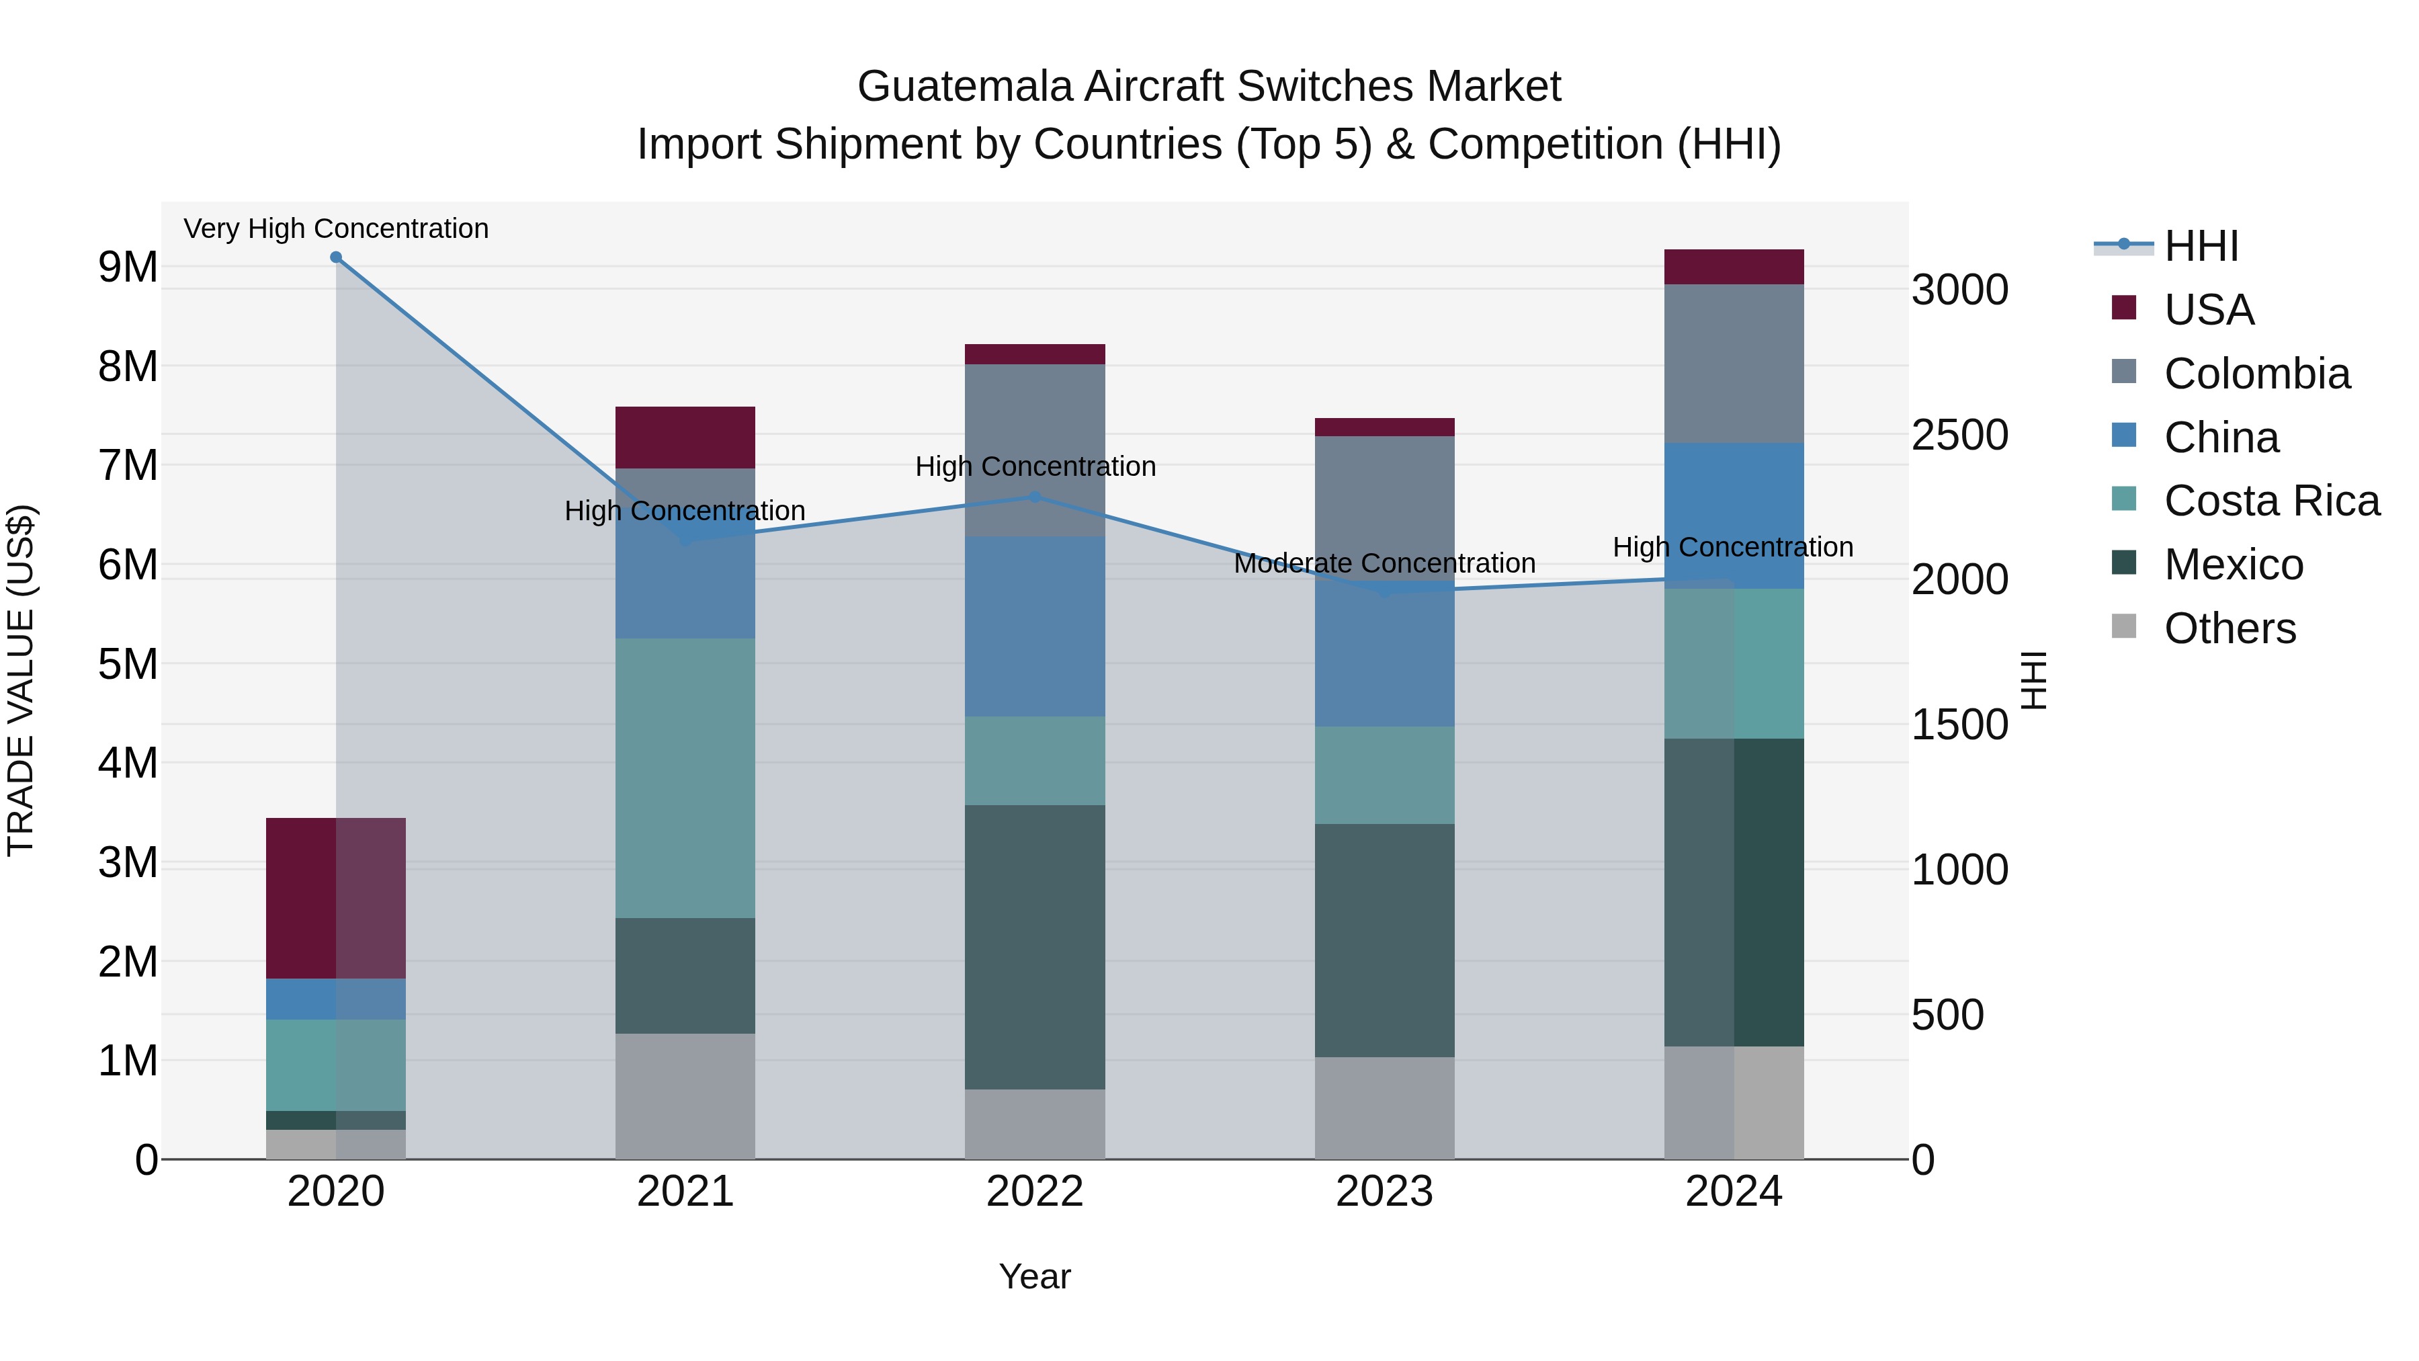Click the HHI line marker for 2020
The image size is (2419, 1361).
click(336, 257)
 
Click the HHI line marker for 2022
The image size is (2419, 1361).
click(1035, 497)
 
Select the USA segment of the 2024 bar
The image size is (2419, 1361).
click(1734, 267)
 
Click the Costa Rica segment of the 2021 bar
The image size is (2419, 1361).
click(685, 778)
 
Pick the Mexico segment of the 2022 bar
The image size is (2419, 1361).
click(1035, 947)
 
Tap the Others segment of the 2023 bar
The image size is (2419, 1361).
click(1384, 1108)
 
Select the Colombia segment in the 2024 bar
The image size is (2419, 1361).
click(1734, 364)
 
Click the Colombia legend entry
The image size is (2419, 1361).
click(2256, 374)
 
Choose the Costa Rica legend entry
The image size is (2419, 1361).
click(2272, 501)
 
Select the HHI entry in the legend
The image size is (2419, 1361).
click(2201, 246)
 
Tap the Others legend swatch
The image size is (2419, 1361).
click(2124, 626)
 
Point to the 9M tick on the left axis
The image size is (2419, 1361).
click(128, 267)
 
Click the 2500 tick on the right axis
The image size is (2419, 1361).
click(1961, 435)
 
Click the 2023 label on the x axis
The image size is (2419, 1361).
click(1384, 1192)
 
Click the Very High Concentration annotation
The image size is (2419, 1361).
click(336, 229)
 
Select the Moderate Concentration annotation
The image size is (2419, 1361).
click(1384, 564)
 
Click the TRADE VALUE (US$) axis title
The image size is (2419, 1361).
click(21, 680)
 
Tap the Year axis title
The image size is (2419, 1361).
click(1035, 1276)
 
